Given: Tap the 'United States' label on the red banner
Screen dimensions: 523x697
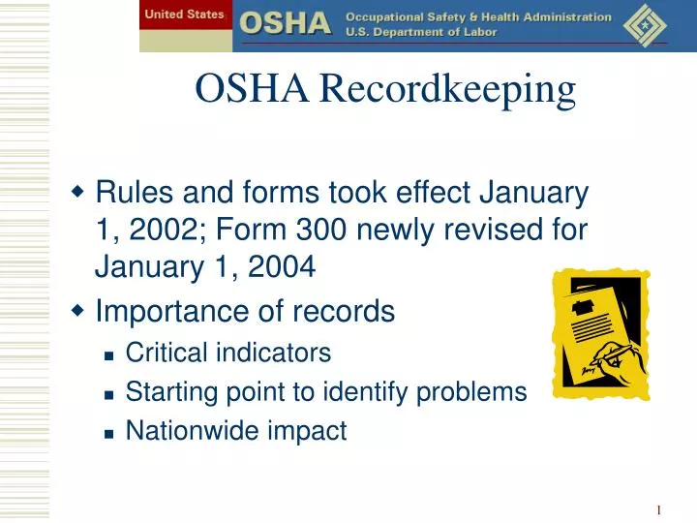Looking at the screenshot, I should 184,15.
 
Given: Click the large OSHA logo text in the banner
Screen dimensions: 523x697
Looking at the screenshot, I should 285,23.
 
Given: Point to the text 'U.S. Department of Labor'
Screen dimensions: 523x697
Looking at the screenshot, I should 421,32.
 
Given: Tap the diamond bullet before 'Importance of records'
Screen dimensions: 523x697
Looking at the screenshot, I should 78,311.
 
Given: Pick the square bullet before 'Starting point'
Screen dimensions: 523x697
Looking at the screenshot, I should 109,393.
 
